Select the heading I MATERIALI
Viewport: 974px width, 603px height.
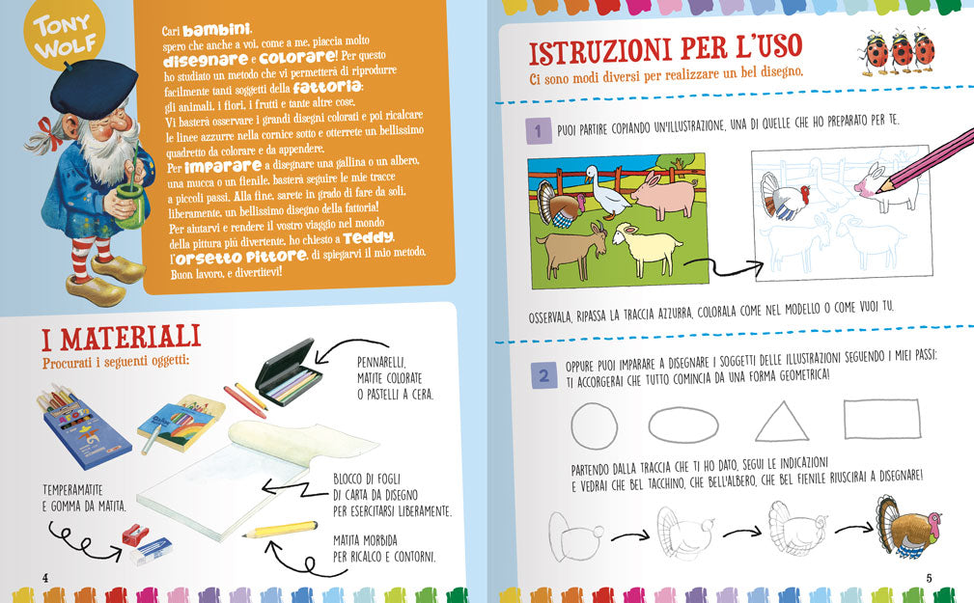pyautogui.click(x=121, y=338)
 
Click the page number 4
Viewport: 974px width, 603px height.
pyautogui.click(x=44, y=577)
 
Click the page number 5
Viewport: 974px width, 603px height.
pyautogui.click(x=928, y=578)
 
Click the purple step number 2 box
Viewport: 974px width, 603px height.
pyautogui.click(x=543, y=377)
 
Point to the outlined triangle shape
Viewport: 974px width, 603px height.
pyautogui.click(x=782, y=423)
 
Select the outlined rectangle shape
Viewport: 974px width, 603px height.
pyautogui.click(x=882, y=421)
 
